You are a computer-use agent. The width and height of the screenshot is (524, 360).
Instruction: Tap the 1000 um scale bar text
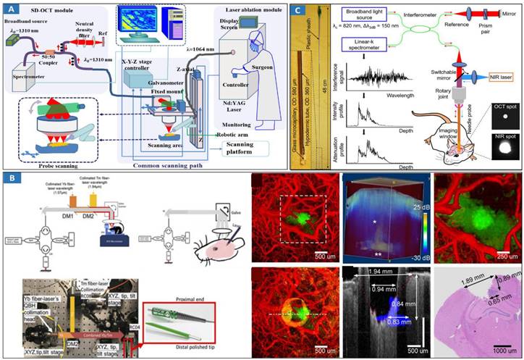(x=487, y=350)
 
